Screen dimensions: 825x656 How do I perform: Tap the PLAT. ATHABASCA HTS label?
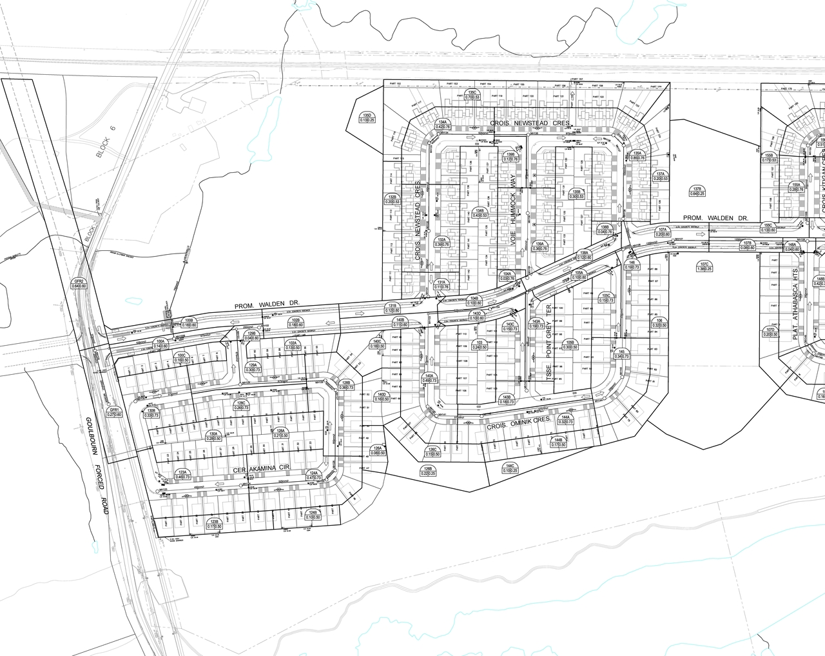click(x=796, y=304)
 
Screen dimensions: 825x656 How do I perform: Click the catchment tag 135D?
click(x=367, y=117)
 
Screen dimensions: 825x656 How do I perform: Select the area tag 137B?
click(x=697, y=190)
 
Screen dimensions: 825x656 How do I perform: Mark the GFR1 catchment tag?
click(x=115, y=412)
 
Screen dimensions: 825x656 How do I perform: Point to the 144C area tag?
click(x=510, y=468)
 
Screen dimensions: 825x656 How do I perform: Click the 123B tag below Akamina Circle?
click(x=213, y=524)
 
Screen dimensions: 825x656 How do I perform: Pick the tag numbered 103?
click(x=479, y=344)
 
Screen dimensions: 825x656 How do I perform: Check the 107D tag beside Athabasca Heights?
click(x=770, y=332)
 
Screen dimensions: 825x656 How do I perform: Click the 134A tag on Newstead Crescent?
click(x=442, y=124)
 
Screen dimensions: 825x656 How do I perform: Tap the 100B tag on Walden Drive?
click(x=189, y=323)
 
